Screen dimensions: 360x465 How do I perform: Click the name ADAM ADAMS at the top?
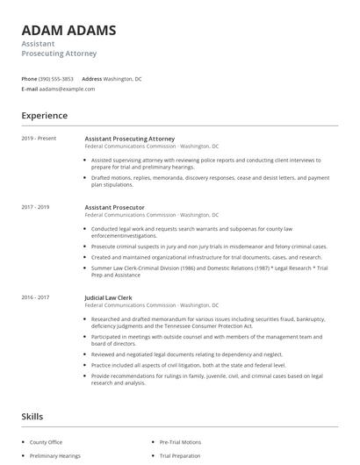(68, 30)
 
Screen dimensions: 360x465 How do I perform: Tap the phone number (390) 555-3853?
(56, 79)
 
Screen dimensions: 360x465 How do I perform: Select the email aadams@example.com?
(67, 89)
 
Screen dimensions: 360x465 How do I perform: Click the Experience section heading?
(44, 115)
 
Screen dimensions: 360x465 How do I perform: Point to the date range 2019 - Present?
(39, 139)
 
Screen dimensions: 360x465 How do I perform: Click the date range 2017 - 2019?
(36, 207)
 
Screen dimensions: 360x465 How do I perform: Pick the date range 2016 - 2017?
(36, 297)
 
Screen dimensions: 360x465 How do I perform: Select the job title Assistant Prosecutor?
(114, 207)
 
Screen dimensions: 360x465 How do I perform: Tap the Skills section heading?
(32, 417)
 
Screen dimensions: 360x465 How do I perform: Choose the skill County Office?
(46, 443)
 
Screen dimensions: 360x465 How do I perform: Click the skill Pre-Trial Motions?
(180, 443)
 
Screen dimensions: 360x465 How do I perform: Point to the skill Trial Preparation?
(180, 456)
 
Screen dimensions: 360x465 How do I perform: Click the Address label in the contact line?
(92, 79)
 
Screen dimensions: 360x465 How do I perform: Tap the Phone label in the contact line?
(29, 79)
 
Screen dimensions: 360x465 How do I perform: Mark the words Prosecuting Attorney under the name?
(59, 54)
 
